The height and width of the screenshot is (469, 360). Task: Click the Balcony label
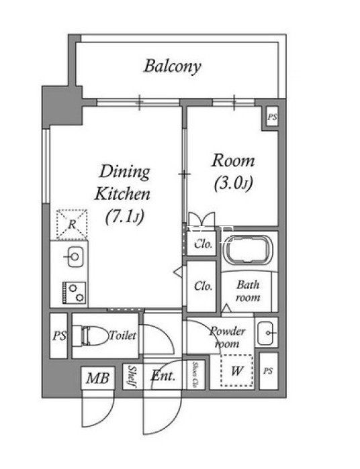click(x=172, y=66)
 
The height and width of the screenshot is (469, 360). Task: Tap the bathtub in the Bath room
click(x=249, y=250)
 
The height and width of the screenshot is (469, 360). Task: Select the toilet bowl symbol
click(x=91, y=336)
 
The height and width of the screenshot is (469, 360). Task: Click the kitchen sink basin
click(x=75, y=256)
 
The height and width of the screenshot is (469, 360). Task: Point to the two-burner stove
click(x=74, y=293)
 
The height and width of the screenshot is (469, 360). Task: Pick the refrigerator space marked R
click(x=72, y=224)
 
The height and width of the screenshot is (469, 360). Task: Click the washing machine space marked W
click(x=236, y=370)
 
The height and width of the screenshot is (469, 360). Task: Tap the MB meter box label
click(x=97, y=378)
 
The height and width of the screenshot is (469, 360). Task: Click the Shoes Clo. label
click(x=195, y=375)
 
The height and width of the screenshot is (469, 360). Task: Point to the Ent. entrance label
click(x=163, y=375)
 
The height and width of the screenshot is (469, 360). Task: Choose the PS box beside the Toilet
click(x=58, y=335)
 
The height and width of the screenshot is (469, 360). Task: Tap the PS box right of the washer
click(x=269, y=371)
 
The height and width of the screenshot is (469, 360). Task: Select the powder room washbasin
click(x=266, y=333)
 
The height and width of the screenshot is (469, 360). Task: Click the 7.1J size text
click(x=125, y=216)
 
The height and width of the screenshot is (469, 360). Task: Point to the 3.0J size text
click(x=233, y=183)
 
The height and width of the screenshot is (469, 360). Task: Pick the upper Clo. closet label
click(x=204, y=244)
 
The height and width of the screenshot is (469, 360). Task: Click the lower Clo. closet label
click(x=204, y=286)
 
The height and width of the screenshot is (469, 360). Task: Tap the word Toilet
click(x=122, y=335)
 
